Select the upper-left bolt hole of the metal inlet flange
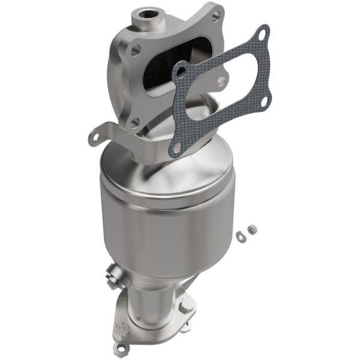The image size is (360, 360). [x=135, y=51]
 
